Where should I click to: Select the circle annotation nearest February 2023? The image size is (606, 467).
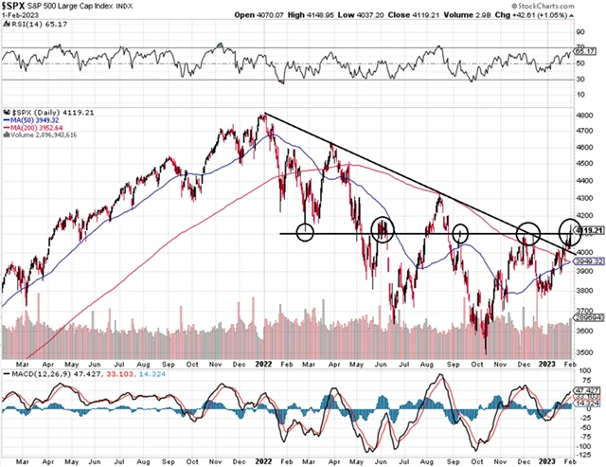coord(571,229)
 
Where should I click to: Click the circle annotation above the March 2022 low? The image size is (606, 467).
coord(305,232)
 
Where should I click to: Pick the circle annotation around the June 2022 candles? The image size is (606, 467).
coord(383,229)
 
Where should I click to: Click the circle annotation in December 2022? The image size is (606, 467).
coord(527,232)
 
